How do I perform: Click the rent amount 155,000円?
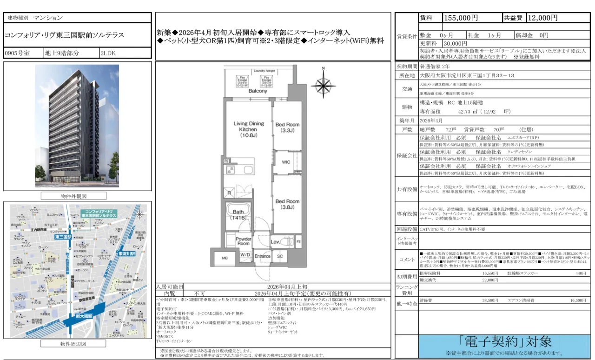pos(461,18)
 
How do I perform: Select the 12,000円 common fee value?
pos(542,18)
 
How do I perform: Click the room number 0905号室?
pos(17,53)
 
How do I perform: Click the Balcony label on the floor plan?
pos(258,91)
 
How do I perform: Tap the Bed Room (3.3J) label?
pos(287,128)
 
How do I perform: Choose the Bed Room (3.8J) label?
pos(287,205)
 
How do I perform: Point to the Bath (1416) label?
pos(238,214)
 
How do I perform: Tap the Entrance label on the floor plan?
pos(262,256)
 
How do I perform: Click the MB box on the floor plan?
pos(225,258)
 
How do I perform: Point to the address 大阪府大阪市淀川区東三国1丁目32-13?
pos(460,75)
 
